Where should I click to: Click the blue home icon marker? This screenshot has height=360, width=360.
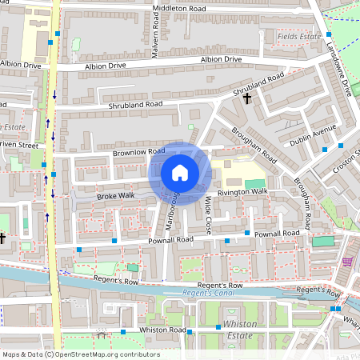pyautogui.click(x=180, y=173)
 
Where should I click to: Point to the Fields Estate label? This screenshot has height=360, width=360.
pyautogui.click(x=299, y=37)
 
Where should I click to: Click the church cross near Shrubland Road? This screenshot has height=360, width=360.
pyautogui.click(x=247, y=99)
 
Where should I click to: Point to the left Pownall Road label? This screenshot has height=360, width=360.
pyautogui.click(x=170, y=239)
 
